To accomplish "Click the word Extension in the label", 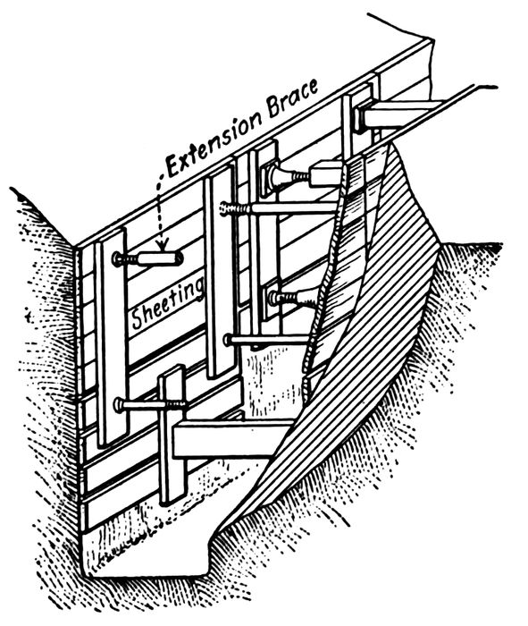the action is [x=214, y=141].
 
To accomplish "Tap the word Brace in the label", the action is [x=293, y=98].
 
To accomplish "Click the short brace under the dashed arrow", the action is [x=148, y=259].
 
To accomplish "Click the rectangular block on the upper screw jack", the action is [x=326, y=173].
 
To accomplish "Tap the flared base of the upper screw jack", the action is [x=275, y=175].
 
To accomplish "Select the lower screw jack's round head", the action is [x=274, y=297].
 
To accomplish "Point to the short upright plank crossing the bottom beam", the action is [x=172, y=436].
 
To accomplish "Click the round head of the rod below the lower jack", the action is [x=228, y=340].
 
